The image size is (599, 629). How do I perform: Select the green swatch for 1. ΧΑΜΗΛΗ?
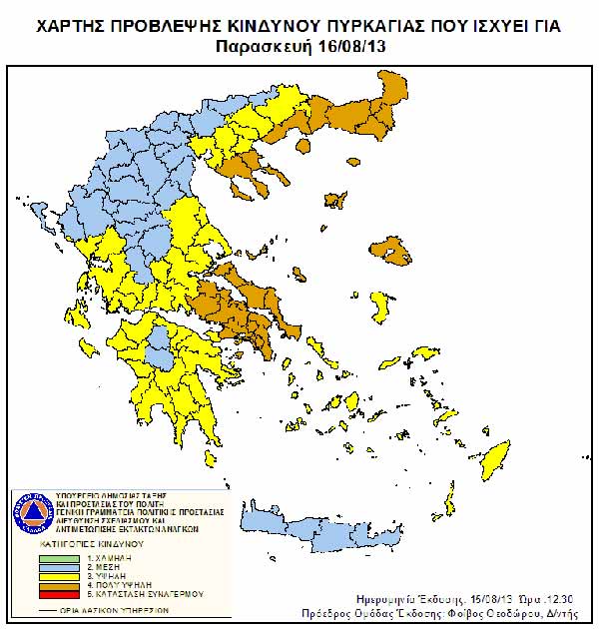point(59,558)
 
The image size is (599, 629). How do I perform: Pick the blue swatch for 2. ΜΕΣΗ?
point(59,568)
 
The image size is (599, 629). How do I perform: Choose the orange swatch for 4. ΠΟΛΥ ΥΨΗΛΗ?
point(59,587)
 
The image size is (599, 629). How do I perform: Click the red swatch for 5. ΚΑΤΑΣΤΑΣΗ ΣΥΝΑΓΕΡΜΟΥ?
point(59,596)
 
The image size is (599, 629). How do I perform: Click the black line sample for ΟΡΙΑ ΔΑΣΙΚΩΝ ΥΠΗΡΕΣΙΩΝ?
point(59,609)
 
